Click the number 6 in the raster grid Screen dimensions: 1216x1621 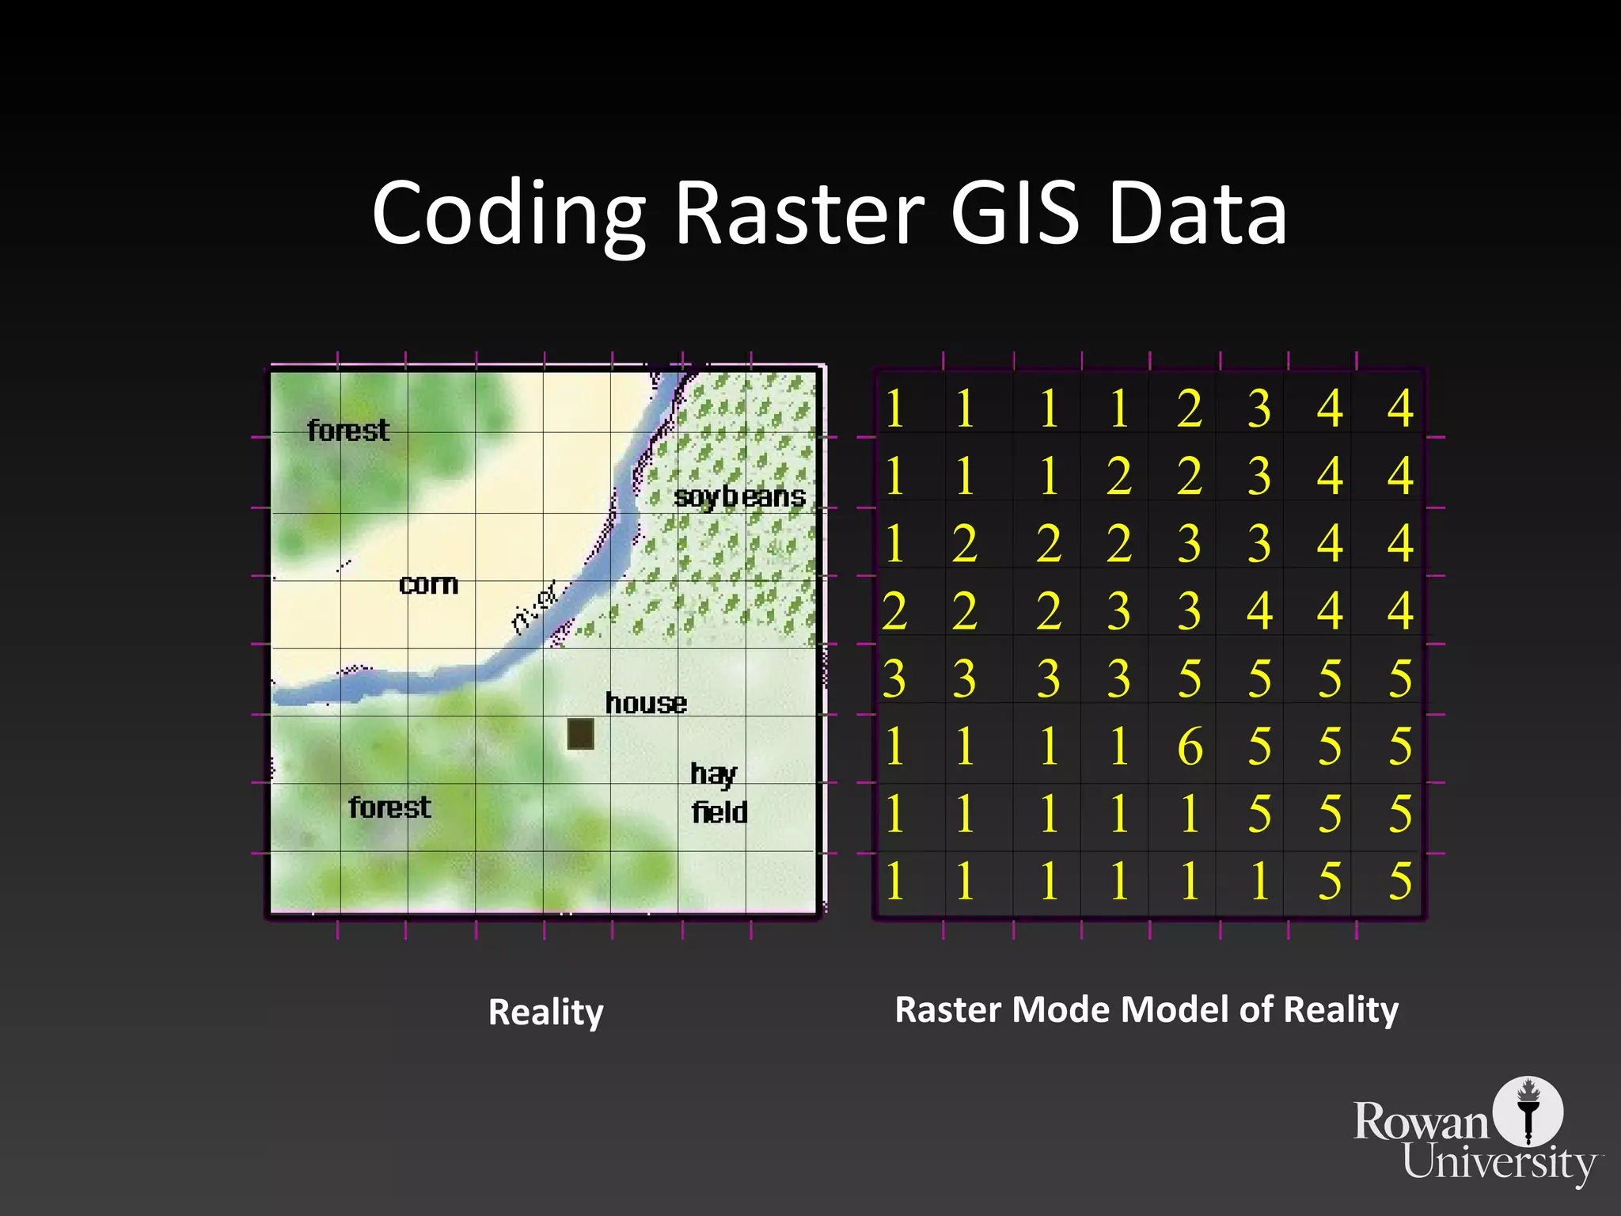pos(1190,747)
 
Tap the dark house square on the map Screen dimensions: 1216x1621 pos(580,733)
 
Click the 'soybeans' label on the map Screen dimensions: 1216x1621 pos(739,497)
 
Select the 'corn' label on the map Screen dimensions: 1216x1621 pos(428,584)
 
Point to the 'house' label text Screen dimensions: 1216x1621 pos(646,703)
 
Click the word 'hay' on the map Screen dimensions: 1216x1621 pos(713,774)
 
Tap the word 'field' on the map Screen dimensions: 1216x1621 pos(719,812)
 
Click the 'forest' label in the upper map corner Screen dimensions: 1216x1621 pos(348,431)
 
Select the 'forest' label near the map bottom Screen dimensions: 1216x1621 pos(389,807)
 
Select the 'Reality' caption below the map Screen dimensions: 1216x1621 pos(546,1013)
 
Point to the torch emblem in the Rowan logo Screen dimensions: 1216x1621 pos(1528,1110)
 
